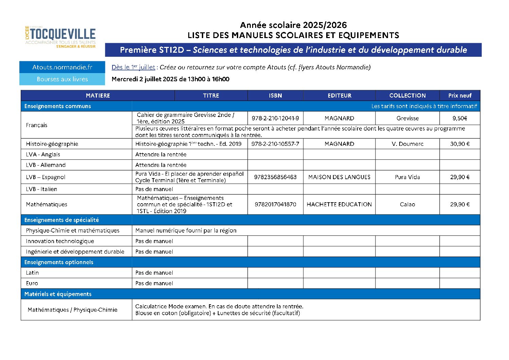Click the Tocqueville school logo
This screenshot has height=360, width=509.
tap(60, 37)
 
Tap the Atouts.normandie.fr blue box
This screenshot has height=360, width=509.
tap(62, 67)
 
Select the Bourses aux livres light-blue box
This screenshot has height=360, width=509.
tap(62, 79)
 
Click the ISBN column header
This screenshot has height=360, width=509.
tap(275, 96)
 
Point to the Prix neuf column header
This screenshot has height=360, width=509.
tap(460, 96)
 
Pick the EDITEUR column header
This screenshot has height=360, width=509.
tap(339, 96)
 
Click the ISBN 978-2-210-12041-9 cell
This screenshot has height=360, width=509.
tap(275, 118)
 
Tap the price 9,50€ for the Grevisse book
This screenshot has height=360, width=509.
tap(460, 118)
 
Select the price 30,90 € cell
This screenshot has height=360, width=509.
tap(460, 144)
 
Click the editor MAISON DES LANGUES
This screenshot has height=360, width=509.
tap(339, 177)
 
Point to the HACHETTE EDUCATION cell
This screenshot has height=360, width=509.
tap(339, 204)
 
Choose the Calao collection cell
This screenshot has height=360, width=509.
tap(407, 204)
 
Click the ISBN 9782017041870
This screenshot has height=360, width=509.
tap(275, 204)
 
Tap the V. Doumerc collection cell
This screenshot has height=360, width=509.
tap(407, 144)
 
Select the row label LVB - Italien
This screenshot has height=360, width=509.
tap(41, 189)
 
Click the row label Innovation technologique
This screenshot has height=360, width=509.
tap(60, 241)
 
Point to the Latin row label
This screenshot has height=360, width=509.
tap(32, 273)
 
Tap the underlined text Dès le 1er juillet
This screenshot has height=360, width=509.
tap(133, 67)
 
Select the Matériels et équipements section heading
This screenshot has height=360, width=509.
tap(58, 294)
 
